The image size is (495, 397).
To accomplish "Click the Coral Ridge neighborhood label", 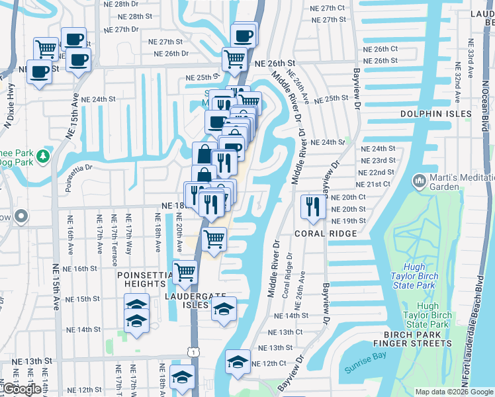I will click(x=326, y=234).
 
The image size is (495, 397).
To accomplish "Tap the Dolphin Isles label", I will click(x=436, y=114).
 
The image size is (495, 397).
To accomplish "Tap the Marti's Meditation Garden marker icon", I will click(x=418, y=180).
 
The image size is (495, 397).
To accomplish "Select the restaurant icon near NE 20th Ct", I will click(x=309, y=206).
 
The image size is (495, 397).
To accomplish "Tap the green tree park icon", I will click(x=43, y=156).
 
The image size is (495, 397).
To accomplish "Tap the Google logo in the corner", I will click(x=21, y=389).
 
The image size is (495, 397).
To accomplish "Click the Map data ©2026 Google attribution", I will click(x=453, y=392).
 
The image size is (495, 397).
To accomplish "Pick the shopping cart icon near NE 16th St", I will click(x=185, y=271).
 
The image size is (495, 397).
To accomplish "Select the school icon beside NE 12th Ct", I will click(x=238, y=361).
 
